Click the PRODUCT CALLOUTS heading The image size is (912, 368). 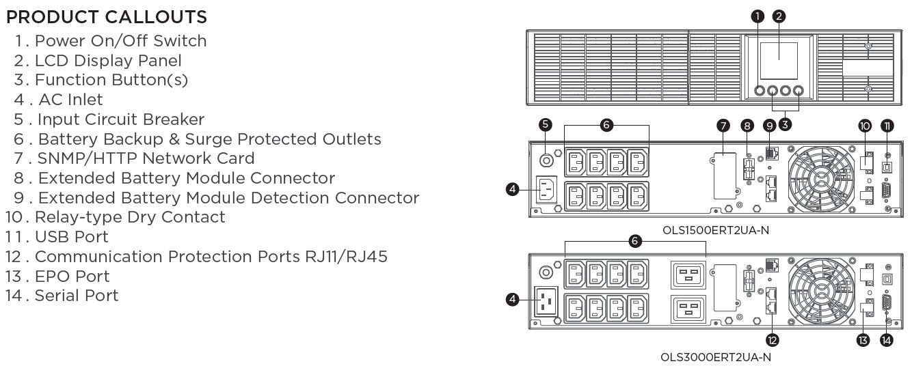pos(106,17)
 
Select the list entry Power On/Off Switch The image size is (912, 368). pos(120,41)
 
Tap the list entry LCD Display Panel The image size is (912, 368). pos(108,61)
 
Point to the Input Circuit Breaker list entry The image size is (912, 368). pos(120,119)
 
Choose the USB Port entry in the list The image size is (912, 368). pos(71,237)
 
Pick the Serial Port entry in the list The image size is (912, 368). pos(76,296)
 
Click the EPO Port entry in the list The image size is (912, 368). pos(72,277)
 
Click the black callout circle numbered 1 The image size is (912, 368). pos(757,16)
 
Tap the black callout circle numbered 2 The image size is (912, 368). pos(779,16)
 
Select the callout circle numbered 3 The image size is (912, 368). pos(786,124)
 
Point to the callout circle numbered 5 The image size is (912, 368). pos(545,124)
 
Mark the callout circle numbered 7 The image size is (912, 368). pos(723,126)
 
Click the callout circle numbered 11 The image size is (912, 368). pos(887,126)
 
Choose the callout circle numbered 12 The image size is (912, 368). pos(773,340)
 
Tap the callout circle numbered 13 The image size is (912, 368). pos(863,340)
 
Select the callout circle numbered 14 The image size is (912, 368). pos(887,340)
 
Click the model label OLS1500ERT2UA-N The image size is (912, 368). pos(716,230)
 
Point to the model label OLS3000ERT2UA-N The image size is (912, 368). pos(716,356)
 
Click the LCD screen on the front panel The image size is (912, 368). pos(779,60)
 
